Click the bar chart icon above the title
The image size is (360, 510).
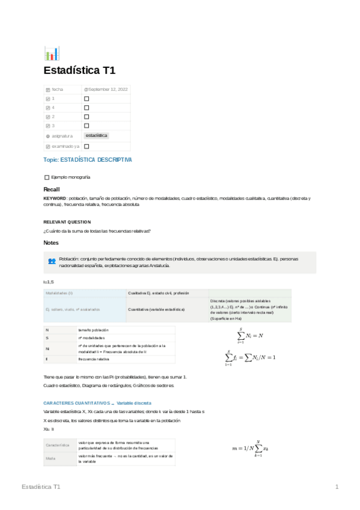point(52,54)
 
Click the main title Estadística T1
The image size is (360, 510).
point(79,70)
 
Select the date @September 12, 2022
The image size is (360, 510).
point(106,89)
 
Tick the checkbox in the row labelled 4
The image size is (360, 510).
point(87,107)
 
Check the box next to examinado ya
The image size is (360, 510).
point(87,146)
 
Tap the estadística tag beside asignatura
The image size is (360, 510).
point(96,136)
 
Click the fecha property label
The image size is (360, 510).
point(57,89)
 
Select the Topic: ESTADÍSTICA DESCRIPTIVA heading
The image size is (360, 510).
point(88,160)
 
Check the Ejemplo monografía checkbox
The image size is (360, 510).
point(47,177)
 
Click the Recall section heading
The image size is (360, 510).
point(52,189)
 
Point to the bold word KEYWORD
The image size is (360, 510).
point(55,198)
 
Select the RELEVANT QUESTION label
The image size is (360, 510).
point(67,222)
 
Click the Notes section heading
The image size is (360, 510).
point(51,243)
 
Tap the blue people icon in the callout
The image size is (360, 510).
point(52,262)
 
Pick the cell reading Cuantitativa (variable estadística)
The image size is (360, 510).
point(156,310)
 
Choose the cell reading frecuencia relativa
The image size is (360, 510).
point(94,359)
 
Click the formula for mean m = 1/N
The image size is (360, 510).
point(254,447)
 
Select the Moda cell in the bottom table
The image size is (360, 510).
point(50,458)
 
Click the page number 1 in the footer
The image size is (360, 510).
point(337,487)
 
